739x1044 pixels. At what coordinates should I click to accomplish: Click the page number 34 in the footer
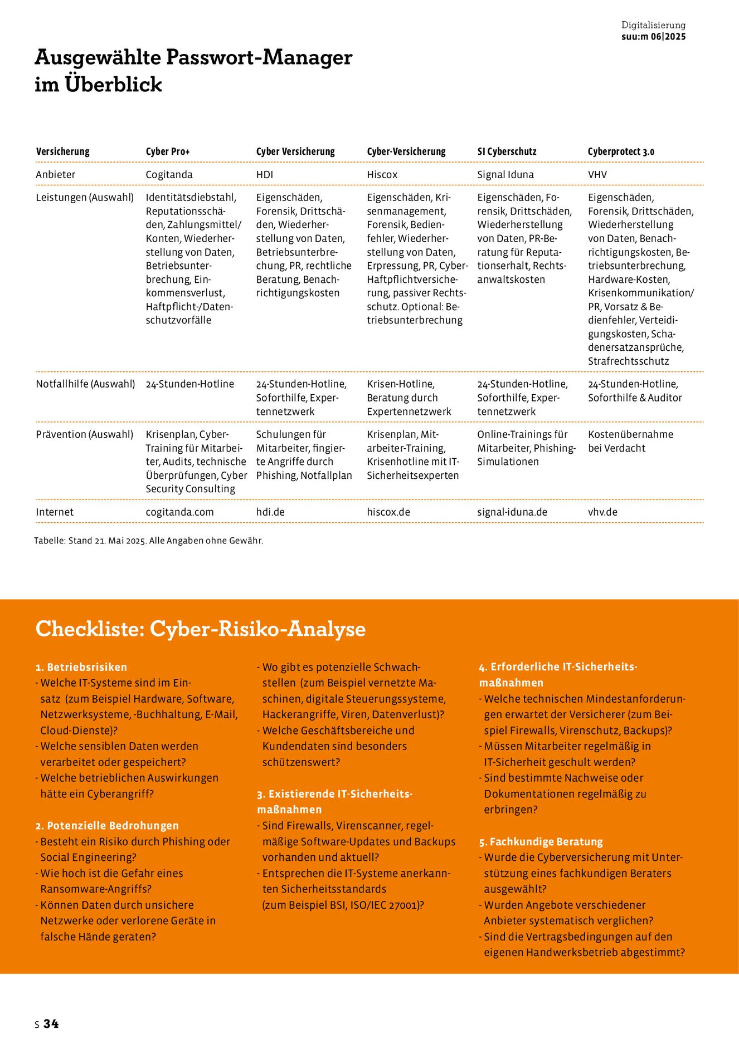point(51,1023)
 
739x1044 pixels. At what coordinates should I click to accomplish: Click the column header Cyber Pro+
point(168,151)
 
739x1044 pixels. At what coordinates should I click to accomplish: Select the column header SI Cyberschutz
point(507,151)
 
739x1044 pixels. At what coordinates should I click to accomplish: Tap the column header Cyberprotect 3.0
point(621,151)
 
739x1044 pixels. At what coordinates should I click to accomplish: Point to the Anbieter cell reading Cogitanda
point(169,174)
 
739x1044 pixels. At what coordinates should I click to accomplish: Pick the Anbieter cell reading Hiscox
point(382,174)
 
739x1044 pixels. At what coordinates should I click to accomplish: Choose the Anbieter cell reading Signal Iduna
point(505,174)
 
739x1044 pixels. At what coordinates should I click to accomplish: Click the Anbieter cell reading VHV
point(597,174)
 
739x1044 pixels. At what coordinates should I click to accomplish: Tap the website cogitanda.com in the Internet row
point(179,512)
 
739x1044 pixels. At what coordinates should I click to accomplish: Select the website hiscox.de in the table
point(388,512)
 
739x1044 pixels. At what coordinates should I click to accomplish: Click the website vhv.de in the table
point(602,512)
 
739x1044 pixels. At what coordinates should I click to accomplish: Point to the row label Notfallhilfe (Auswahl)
point(85,384)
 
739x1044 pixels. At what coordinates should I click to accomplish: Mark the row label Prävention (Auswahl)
point(84,434)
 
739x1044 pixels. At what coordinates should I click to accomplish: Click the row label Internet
point(55,512)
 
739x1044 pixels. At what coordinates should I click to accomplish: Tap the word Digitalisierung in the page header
point(653,25)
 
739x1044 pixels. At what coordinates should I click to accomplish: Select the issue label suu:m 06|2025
point(653,37)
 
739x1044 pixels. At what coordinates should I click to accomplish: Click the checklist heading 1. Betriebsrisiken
point(81,667)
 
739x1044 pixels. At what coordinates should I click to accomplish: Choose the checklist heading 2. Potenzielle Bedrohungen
point(107,825)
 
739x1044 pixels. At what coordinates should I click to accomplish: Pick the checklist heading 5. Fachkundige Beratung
point(541,841)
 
